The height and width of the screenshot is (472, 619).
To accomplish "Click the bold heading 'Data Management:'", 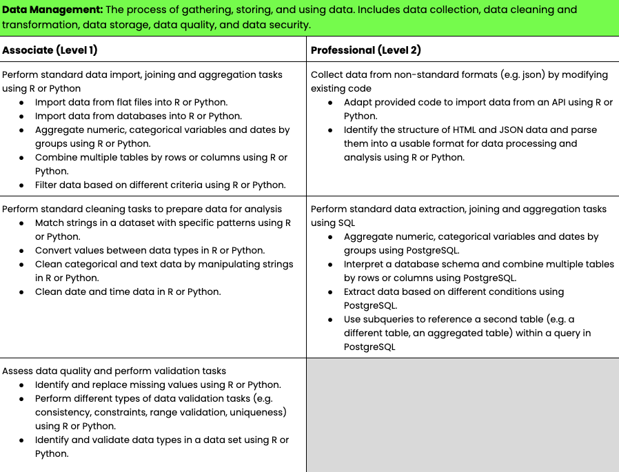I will (52, 10).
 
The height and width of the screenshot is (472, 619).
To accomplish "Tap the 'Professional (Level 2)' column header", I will (366, 50).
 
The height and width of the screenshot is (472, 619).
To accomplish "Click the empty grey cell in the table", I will (463, 414).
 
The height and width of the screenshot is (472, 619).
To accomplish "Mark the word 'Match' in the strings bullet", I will (50, 223).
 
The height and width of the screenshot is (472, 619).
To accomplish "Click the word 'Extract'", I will (361, 291).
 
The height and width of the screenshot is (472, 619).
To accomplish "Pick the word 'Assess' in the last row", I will (17, 371).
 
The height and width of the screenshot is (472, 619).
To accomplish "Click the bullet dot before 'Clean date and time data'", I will (21, 291).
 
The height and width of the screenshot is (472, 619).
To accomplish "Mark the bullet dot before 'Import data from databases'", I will (21, 116).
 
